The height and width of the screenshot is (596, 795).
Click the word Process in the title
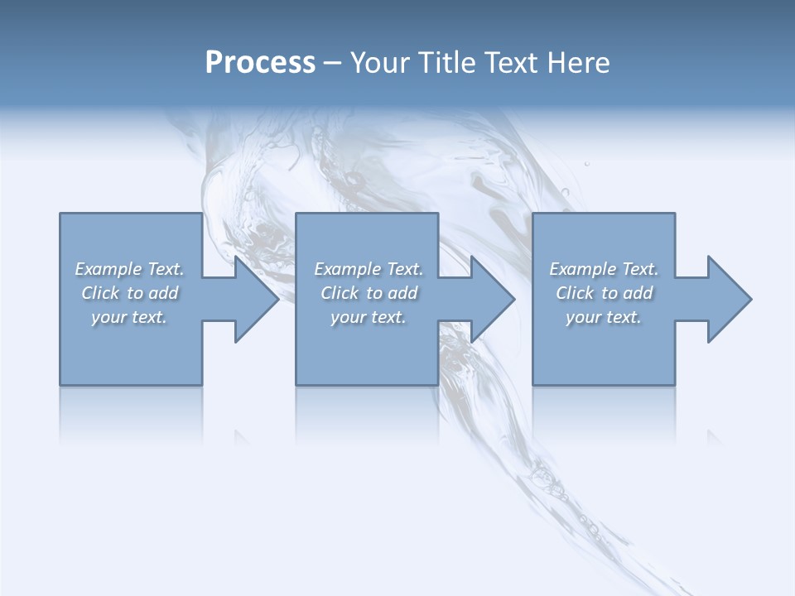click(260, 63)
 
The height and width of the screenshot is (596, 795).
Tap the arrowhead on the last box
click(728, 299)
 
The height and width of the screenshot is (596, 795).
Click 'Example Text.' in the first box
click(129, 269)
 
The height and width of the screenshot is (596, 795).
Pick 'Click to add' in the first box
click(129, 293)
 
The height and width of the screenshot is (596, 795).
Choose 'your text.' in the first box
click(129, 317)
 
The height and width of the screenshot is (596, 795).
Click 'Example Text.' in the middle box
click(369, 269)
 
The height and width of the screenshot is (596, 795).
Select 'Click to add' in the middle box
click(369, 293)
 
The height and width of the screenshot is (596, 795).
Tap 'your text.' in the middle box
click(369, 317)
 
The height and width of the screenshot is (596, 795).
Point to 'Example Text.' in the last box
click(604, 269)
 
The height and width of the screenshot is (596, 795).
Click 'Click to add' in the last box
click(604, 293)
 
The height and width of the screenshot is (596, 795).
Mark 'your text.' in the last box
click(604, 317)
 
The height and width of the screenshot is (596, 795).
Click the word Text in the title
click(510, 63)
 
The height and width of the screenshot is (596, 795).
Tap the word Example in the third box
click(582, 269)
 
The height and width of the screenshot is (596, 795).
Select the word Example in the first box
click(108, 269)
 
